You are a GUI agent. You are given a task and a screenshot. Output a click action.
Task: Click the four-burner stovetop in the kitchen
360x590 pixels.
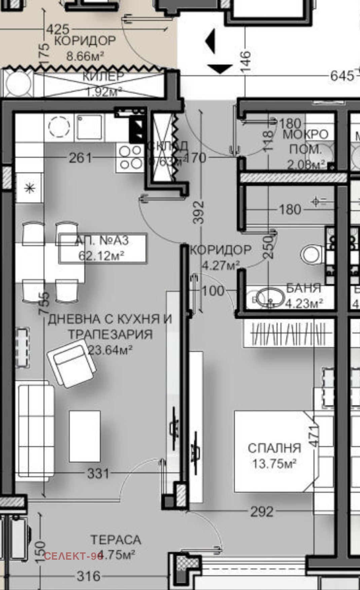pyautogui.click(x=131, y=157)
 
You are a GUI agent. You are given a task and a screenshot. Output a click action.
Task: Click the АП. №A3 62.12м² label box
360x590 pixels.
pyautogui.click(x=102, y=248)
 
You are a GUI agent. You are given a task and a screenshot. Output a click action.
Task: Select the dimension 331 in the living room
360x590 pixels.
pyautogui.click(x=98, y=474)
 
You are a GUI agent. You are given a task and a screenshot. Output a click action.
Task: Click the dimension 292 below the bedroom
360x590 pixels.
pyautogui.click(x=262, y=512)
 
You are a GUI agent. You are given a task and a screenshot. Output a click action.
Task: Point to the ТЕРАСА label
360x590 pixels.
pyautogui.click(x=116, y=540)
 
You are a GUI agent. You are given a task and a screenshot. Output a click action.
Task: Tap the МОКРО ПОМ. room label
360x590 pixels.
pyautogui.click(x=305, y=141)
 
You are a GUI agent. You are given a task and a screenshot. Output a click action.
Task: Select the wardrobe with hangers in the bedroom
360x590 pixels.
pyautogui.click(x=288, y=334)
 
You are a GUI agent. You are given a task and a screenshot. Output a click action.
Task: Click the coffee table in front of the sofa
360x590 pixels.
pyautogui.click(x=85, y=436)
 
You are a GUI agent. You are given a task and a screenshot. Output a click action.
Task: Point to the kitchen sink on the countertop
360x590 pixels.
pyautogui.click(x=89, y=127)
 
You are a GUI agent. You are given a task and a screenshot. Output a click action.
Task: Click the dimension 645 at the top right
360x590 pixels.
pyautogui.click(x=342, y=76)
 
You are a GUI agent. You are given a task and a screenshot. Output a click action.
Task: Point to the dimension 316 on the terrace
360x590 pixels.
pyautogui.click(x=88, y=576)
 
